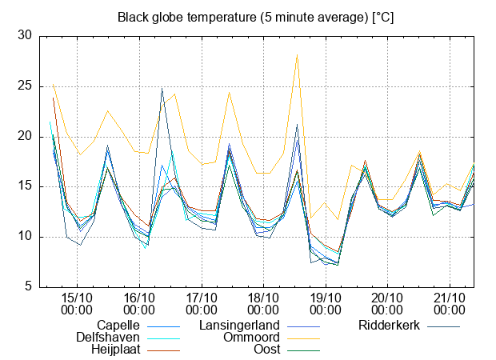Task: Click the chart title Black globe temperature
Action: [x=255, y=17]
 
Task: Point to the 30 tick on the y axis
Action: [x=25, y=36]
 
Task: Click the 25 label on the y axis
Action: [x=25, y=86]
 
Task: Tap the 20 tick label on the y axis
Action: [x=25, y=137]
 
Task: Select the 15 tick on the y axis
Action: [x=25, y=186]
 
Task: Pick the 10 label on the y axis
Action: [x=25, y=237]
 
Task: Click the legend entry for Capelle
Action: [x=118, y=326]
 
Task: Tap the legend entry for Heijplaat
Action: [x=115, y=350]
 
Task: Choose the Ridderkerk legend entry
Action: [x=391, y=326]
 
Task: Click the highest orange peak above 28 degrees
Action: [x=297, y=55]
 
